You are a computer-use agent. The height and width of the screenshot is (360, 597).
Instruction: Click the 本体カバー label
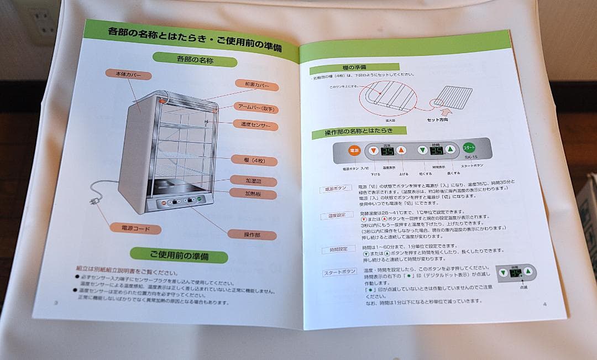tap(128, 75)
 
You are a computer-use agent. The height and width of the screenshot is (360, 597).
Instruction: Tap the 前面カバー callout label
tap(256, 85)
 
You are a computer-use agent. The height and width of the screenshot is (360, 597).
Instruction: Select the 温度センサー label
tap(255, 125)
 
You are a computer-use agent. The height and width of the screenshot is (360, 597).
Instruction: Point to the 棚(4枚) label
tap(255, 160)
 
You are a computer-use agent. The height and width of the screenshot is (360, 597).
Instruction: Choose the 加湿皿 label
tap(253, 180)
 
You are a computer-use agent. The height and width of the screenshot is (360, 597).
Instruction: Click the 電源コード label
tap(135, 228)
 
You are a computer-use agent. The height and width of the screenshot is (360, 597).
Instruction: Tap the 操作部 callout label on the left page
tap(252, 234)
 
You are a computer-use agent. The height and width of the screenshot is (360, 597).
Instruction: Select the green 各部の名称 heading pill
tap(195, 59)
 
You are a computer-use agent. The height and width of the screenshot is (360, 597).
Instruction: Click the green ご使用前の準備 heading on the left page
tap(179, 255)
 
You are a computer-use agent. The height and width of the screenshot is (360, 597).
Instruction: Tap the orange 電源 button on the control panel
tap(354, 150)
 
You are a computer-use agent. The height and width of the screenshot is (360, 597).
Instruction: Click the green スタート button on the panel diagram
tap(469, 148)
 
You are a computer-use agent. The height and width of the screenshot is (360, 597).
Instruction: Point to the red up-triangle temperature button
tap(401, 150)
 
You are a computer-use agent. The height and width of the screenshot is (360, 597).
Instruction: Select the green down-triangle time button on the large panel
tap(422, 149)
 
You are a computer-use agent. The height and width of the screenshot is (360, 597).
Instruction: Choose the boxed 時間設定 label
tap(338, 249)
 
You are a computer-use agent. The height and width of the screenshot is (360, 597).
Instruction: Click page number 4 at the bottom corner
tap(544, 304)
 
